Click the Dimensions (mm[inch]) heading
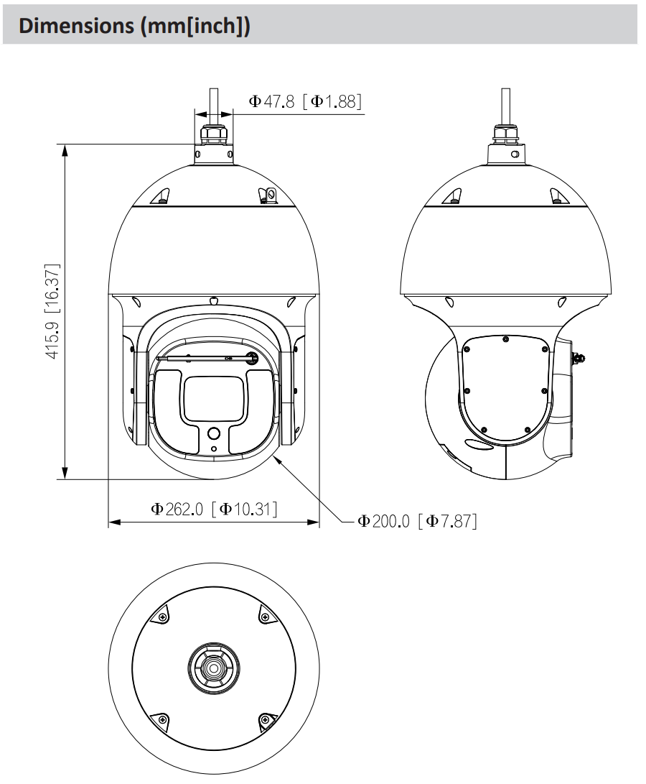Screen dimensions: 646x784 tap(134, 25)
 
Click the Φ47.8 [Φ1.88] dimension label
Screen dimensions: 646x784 tap(305, 101)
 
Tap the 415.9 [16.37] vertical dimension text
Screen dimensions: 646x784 tap(52, 311)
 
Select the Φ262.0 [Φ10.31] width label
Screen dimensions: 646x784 tap(214, 509)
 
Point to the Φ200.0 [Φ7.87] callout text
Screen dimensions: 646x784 tap(417, 521)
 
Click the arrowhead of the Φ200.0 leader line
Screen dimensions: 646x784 tap(277, 460)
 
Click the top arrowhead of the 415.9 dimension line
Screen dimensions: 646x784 tap(65, 149)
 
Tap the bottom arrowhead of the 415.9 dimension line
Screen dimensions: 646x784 tap(65, 473)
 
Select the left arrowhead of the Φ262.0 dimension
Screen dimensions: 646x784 tap(114, 522)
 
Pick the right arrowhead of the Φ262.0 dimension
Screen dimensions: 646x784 tap(313, 522)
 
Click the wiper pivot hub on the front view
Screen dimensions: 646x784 tap(253, 357)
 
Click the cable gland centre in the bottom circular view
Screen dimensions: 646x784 tap(214, 668)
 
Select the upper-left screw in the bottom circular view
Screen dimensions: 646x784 tap(162, 617)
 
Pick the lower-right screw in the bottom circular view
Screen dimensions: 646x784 tap(266, 720)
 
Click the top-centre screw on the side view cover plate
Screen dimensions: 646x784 tap(505, 339)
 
